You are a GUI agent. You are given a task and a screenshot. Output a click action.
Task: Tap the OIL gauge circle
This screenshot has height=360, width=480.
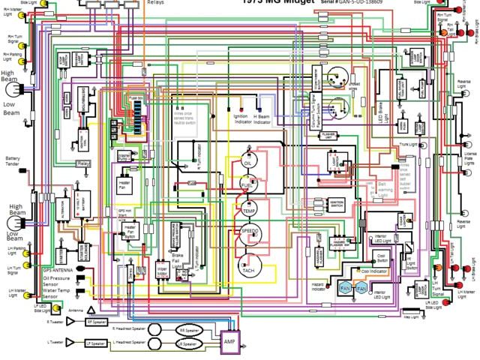pos(247,163)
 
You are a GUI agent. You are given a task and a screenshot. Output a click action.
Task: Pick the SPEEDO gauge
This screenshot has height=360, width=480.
pos(250,233)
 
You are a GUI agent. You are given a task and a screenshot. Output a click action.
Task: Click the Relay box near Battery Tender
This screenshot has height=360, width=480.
pos(83,163)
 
